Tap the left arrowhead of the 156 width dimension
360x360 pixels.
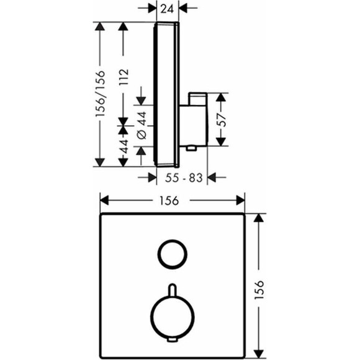pyautogui.click(x=105, y=200)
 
